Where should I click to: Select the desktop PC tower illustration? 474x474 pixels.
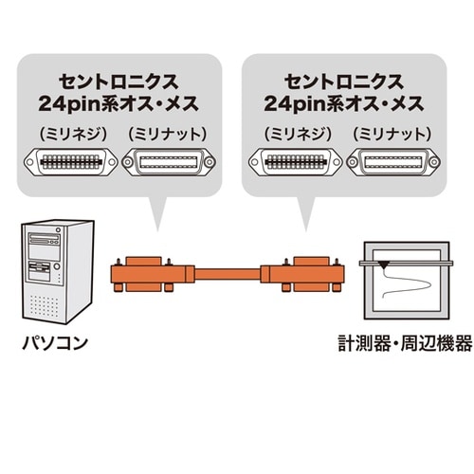coord(58,270)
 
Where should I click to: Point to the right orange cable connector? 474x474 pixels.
coord(299,275)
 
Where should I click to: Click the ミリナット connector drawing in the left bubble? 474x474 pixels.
coord(168,163)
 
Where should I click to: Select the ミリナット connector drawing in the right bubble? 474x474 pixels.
coord(392,163)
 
